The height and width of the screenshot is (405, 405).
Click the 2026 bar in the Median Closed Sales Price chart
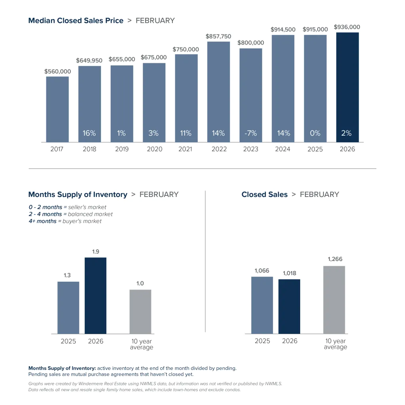(x=347, y=87)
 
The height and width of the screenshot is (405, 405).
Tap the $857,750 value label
(x=218, y=36)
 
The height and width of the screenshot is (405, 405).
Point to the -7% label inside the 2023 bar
(x=250, y=133)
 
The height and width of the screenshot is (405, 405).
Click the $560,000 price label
(x=58, y=72)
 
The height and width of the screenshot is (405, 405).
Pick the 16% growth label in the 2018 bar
(x=89, y=133)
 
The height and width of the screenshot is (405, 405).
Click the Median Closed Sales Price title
(x=76, y=21)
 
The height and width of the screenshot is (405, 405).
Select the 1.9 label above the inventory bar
(x=96, y=251)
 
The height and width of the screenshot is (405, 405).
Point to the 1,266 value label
(x=335, y=259)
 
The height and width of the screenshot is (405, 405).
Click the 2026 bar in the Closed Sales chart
(x=289, y=307)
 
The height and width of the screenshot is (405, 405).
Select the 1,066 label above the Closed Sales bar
(x=262, y=270)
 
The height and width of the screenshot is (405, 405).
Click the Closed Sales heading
(x=265, y=195)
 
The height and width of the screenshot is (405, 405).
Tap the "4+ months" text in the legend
(x=42, y=221)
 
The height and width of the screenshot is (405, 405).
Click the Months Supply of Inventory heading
(x=78, y=195)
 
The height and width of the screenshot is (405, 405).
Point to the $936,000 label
(x=347, y=27)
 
